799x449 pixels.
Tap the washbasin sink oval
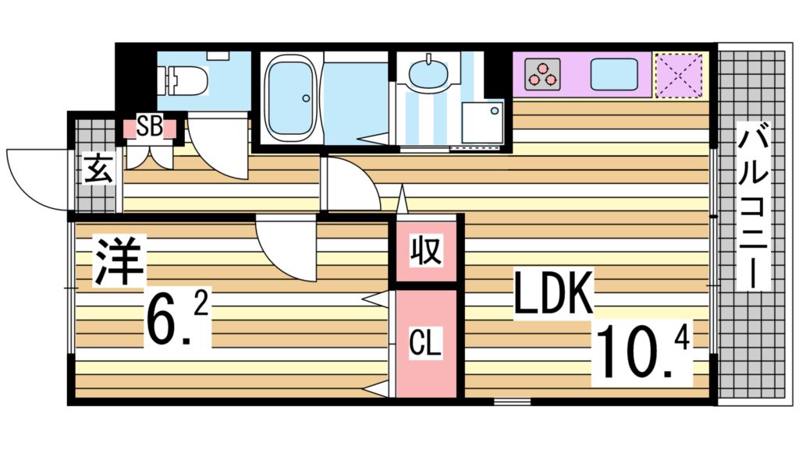(x=428, y=75)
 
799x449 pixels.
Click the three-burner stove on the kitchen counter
(x=542, y=75)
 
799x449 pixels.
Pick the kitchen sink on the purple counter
(x=614, y=75)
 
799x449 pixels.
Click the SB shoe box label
(x=150, y=127)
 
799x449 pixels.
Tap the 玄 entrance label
(x=98, y=170)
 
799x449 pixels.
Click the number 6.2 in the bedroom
(x=177, y=320)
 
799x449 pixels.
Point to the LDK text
(x=554, y=293)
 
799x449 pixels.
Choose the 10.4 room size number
(x=642, y=352)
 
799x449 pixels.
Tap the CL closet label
(x=425, y=344)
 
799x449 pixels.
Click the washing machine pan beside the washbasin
(x=482, y=123)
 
